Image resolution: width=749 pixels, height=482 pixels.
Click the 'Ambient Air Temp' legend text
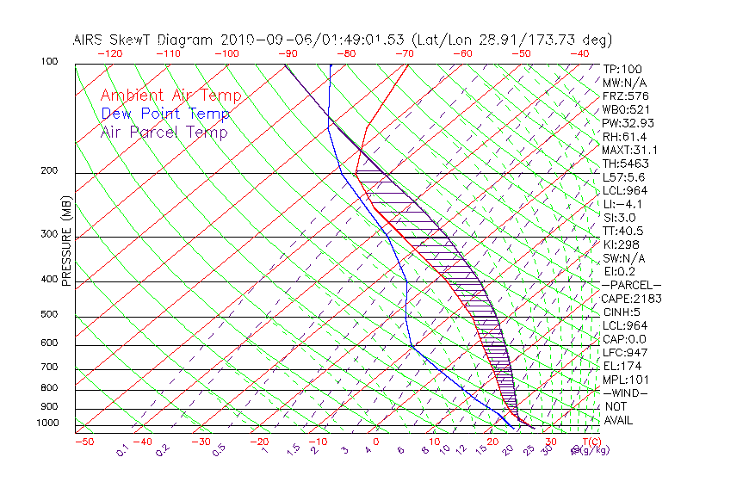170,96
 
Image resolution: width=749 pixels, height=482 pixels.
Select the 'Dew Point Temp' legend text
165,114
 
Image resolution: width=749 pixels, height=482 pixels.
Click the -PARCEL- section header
631,285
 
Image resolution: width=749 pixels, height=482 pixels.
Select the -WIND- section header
625,392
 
